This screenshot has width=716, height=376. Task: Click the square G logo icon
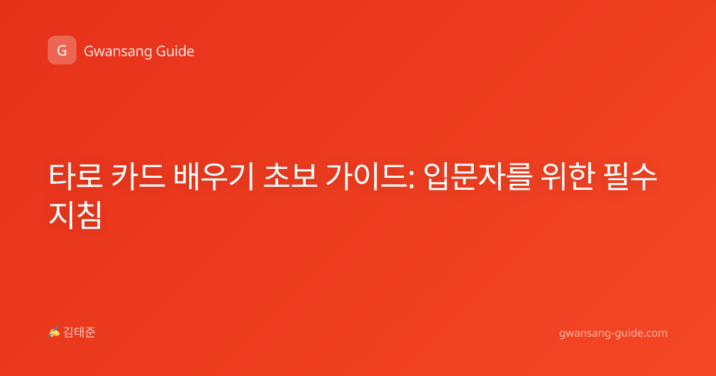coord(62,50)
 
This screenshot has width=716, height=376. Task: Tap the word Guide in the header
coord(175,51)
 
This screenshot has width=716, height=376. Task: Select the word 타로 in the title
coord(76,176)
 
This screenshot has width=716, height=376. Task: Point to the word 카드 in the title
coord(138,176)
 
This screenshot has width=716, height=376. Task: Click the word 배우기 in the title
coord(214,176)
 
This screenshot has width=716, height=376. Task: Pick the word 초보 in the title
coord(290,176)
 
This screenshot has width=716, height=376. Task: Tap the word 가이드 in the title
coord(366,176)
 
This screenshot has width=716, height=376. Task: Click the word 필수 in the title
coord(630,176)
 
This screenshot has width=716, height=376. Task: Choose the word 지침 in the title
coord(75,215)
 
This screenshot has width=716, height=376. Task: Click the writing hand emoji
coord(54,332)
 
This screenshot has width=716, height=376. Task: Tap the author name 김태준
coord(79,332)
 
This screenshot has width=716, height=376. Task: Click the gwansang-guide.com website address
coord(613,333)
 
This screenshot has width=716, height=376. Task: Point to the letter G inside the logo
coord(62,51)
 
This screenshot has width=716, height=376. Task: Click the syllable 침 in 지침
coord(89,215)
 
